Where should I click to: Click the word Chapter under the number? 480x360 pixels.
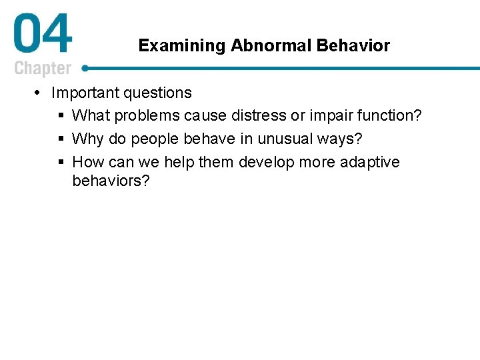click(43, 68)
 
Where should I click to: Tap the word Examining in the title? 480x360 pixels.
click(182, 45)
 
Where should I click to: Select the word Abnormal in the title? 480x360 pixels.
click(271, 45)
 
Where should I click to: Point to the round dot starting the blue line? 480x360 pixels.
click(85, 67)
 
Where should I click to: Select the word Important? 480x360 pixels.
click(86, 93)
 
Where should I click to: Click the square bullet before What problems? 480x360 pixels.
click(61, 116)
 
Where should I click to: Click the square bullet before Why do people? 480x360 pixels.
click(61, 139)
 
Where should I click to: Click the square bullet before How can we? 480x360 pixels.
click(61, 163)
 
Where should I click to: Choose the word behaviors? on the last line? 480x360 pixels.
click(111, 181)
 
